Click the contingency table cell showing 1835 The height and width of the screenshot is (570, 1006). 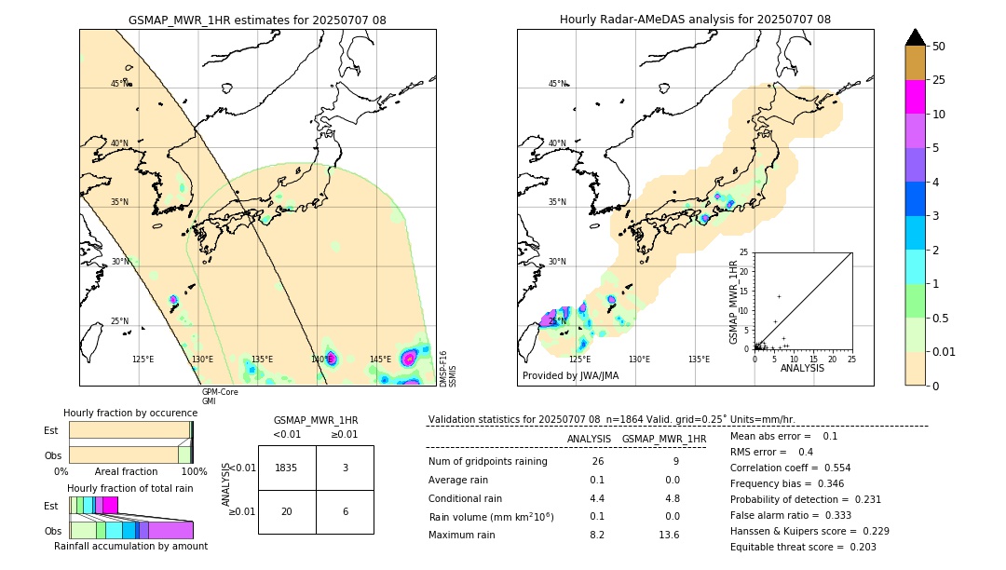pos(287,468)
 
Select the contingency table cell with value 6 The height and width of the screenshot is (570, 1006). pos(345,511)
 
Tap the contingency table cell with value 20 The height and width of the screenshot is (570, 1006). pos(287,511)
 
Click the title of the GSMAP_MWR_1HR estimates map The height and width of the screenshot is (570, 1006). pos(257,20)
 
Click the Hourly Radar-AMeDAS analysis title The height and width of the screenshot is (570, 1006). pos(695,20)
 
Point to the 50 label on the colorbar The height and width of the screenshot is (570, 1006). pos(939,47)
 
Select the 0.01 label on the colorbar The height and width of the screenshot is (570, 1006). pos(945,351)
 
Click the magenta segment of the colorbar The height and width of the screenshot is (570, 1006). pos(915,97)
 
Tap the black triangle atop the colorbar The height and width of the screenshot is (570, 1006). pos(915,37)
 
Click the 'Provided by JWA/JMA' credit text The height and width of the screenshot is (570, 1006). pos(570,376)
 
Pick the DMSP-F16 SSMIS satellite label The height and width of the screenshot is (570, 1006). pos(448,369)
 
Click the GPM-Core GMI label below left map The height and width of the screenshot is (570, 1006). pos(220,396)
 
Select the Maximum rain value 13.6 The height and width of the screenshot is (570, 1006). pos(669,535)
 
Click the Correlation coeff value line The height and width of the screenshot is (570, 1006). pos(790,468)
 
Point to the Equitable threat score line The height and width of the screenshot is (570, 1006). pos(803,547)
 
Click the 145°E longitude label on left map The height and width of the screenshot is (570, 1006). pos(380,360)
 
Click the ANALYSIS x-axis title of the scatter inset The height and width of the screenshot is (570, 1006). pos(802,368)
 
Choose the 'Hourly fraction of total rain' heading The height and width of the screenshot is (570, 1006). pos(130,488)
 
